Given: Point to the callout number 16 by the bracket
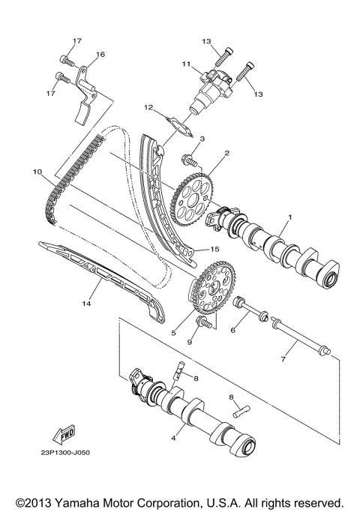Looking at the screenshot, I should pyautogui.click(x=100, y=54).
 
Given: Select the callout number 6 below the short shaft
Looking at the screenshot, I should pyautogui.click(x=233, y=329).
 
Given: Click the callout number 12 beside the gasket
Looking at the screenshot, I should pyautogui.click(x=148, y=107).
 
